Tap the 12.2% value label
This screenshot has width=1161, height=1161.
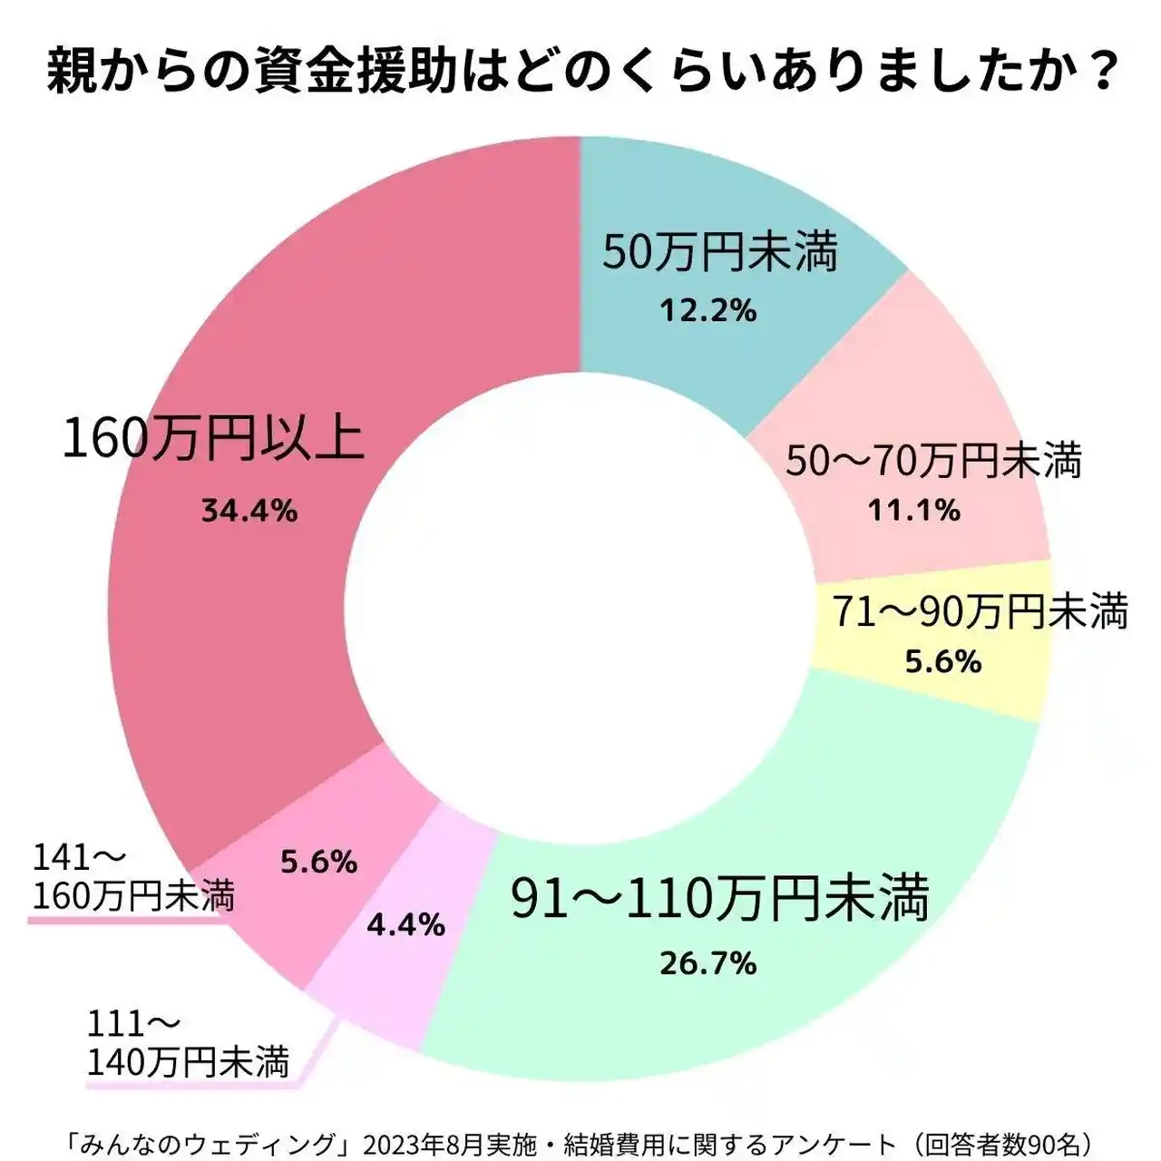[707, 311]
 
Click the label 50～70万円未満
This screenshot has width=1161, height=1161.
[933, 461]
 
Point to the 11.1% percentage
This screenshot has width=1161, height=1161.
[914, 511]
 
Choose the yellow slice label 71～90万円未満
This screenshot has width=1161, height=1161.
[981, 612]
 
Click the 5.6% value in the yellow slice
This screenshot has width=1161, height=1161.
[943, 662]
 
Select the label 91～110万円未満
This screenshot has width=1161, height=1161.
[720, 898]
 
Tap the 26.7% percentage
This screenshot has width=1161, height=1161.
[707, 963]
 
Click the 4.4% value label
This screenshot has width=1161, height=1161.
[405, 924]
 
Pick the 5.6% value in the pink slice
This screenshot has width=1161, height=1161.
[318, 862]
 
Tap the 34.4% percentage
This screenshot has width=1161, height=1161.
[249, 512]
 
